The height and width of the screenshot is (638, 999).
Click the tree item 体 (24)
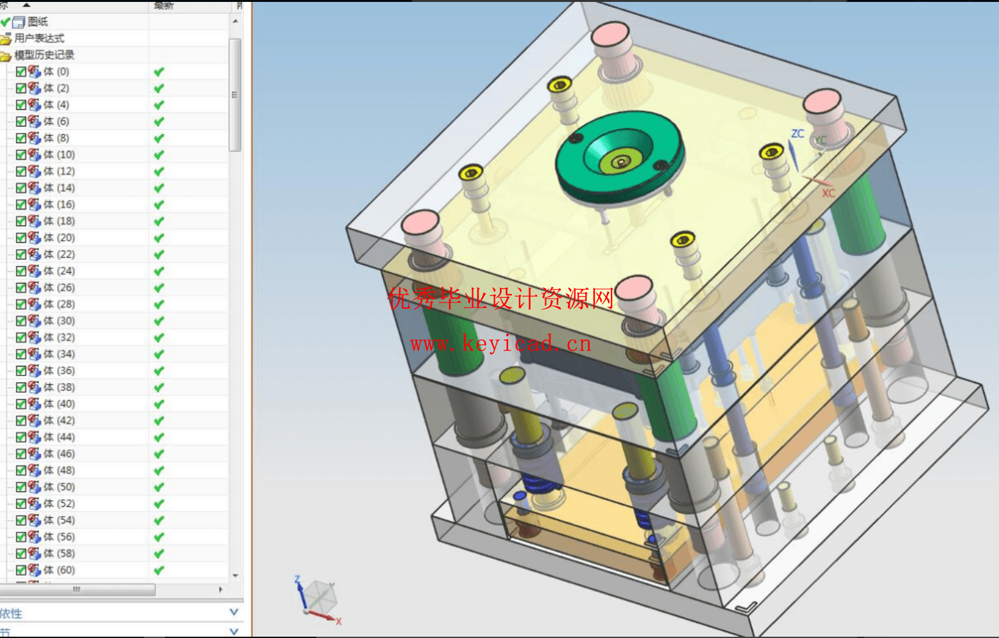(x=58, y=271)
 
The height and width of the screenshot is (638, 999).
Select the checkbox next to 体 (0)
(x=21, y=72)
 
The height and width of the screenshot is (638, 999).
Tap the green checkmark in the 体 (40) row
(x=158, y=404)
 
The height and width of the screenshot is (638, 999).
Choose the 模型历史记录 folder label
(x=44, y=55)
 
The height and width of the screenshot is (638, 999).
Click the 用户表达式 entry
(x=38, y=39)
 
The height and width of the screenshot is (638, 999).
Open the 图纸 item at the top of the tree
(x=37, y=22)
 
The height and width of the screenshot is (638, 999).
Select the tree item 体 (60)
(x=58, y=570)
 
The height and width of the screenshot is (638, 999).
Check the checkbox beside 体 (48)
(x=21, y=470)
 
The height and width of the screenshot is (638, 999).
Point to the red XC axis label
(x=828, y=193)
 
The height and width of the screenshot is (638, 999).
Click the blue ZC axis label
(x=798, y=134)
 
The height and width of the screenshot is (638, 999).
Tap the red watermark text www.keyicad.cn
(x=500, y=344)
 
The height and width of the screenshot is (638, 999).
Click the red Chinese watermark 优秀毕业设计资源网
(x=500, y=298)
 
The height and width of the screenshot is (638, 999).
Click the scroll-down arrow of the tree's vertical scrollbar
(x=235, y=576)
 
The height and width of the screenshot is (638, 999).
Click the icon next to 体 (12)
(x=35, y=171)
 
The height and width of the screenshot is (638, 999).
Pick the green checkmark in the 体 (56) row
(x=158, y=537)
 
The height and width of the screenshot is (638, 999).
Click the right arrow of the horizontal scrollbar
(x=221, y=589)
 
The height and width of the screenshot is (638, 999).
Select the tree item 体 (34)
(x=58, y=354)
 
